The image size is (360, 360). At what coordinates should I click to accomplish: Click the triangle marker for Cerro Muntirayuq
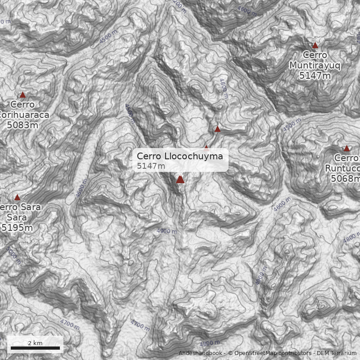[x=315, y=45]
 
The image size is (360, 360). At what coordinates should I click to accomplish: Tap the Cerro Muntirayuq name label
[x=315, y=60]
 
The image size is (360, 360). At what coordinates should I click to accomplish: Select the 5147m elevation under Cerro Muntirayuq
[x=315, y=76]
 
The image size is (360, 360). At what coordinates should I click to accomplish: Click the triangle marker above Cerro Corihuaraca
[x=22, y=95]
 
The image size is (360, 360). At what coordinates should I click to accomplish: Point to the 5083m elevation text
[x=22, y=125]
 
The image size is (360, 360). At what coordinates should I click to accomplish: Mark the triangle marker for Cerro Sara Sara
[x=17, y=198]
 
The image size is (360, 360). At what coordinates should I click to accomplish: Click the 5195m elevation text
[x=17, y=228]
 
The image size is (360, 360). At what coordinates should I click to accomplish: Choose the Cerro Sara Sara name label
[x=20, y=212]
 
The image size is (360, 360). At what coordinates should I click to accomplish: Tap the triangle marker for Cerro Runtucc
[x=346, y=148]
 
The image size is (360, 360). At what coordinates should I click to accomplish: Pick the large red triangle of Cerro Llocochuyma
[x=180, y=179]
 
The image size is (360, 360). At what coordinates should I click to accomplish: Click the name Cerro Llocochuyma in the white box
[x=180, y=156]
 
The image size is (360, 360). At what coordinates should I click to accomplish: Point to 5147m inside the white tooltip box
[x=151, y=166]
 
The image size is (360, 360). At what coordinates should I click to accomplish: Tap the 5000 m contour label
[x=13, y=255]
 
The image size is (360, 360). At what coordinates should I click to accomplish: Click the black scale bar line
[x=35, y=348]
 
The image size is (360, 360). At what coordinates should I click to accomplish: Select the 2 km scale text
[x=35, y=343]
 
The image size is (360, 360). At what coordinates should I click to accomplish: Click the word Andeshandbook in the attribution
[x=201, y=353]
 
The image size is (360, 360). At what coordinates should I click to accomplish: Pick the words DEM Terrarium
[x=337, y=353]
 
